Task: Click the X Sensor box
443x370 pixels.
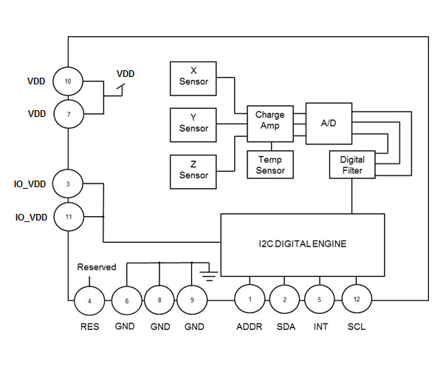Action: pyautogui.click(x=193, y=77)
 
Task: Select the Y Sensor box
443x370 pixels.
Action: pyautogui.click(x=193, y=124)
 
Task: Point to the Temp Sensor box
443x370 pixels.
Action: pyautogui.click(x=269, y=165)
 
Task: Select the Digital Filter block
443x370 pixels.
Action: pyautogui.click(x=352, y=165)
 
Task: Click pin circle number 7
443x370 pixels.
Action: pyautogui.click(x=68, y=115)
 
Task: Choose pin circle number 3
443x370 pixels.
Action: pyautogui.click(x=68, y=183)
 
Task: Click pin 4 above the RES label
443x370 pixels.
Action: pyautogui.click(x=89, y=300)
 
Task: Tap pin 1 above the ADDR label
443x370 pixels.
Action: pyautogui.click(x=250, y=299)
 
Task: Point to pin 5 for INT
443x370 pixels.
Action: pyautogui.click(x=320, y=299)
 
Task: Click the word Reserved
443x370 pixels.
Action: pyautogui.click(x=97, y=266)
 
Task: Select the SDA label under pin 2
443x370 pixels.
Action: pyautogui.click(x=285, y=326)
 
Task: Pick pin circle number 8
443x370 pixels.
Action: pyautogui.click(x=159, y=301)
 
